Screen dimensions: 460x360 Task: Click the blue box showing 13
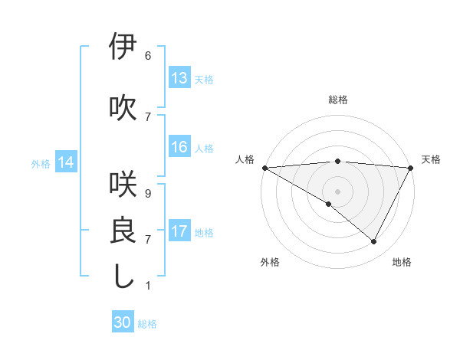click(x=179, y=78)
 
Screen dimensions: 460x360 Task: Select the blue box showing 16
click(x=179, y=147)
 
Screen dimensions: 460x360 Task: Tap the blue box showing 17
click(x=179, y=231)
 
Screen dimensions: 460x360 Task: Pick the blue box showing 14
click(x=66, y=162)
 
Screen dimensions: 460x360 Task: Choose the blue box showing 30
click(x=123, y=323)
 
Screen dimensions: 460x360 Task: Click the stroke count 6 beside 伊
click(x=148, y=56)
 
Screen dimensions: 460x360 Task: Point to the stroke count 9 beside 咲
click(x=148, y=195)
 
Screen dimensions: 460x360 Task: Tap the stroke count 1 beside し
click(x=148, y=286)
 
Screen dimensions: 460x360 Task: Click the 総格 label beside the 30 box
click(x=147, y=324)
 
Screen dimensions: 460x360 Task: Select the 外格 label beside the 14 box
click(x=41, y=163)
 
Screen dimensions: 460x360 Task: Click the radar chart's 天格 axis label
click(x=431, y=159)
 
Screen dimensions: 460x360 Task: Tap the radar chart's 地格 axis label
click(x=402, y=262)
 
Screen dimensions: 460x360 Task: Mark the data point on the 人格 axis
click(x=264, y=167)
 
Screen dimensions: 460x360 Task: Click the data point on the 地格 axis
click(x=374, y=242)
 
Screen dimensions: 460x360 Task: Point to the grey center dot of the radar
click(x=337, y=191)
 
